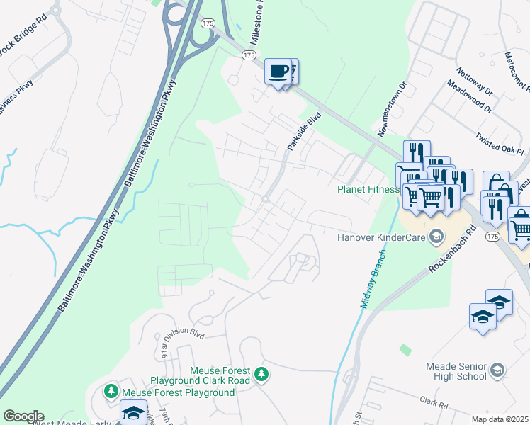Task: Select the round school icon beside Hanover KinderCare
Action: tap(437, 237)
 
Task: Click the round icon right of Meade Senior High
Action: tap(497, 370)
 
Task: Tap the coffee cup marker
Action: tap(278, 72)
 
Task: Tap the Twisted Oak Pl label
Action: tap(499, 142)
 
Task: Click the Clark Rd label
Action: tap(433, 403)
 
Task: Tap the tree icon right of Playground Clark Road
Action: tap(261, 373)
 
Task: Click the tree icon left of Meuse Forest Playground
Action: tap(111, 390)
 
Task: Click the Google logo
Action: tap(23, 416)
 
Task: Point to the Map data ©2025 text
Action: tap(500, 419)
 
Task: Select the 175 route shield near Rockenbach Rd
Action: tap(492, 238)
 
